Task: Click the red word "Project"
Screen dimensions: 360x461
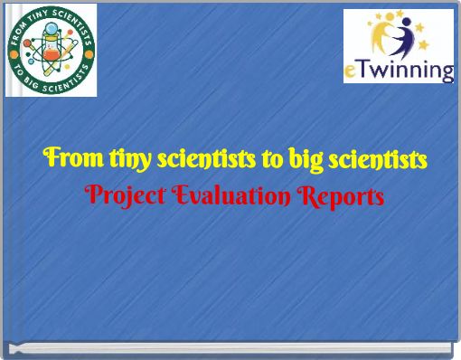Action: coord(118,196)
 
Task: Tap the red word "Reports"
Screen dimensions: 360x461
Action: coord(339,196)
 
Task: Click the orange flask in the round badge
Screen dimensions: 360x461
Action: coord(52,56)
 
